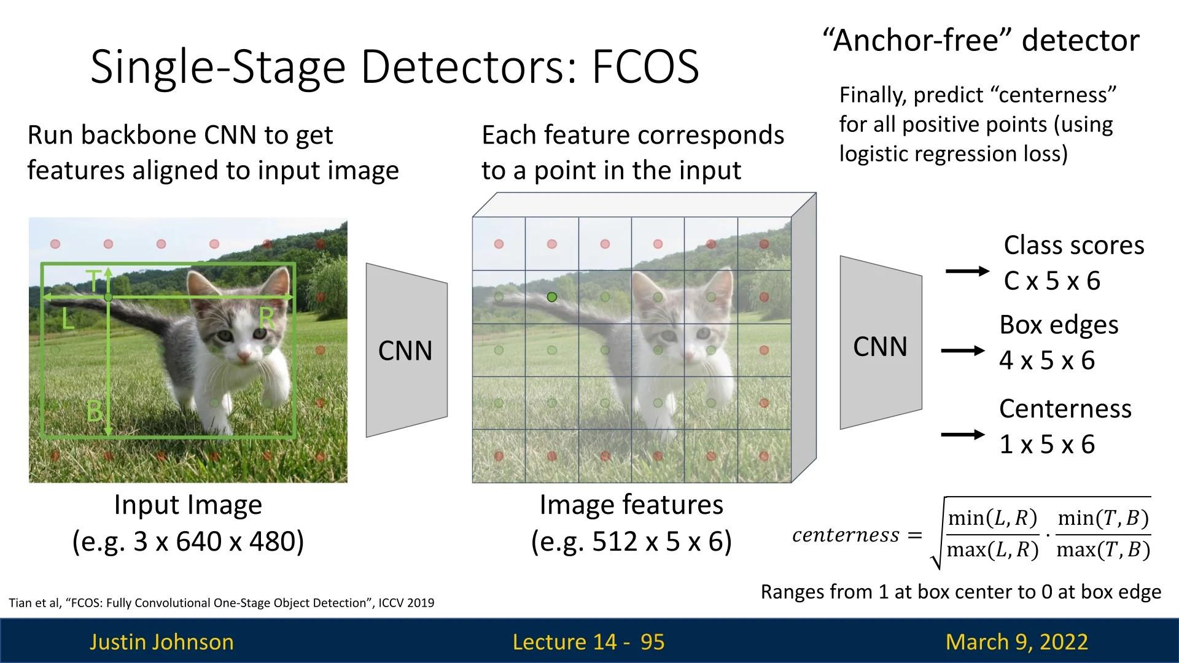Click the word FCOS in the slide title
(645, 66)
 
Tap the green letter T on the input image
(93, 281)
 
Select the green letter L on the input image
(68, 319)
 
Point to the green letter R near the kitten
(267, 318)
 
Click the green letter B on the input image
(94, 411)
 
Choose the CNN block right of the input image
(406, 351)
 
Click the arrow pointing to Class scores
(967, 271)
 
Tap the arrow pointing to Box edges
(962, 351)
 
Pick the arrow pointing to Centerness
(962, 435)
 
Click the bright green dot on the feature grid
(552, 297)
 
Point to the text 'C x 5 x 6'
(1052, 281)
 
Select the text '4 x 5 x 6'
(1047, 360)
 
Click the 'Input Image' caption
(188, 505)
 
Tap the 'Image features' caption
(631, 505)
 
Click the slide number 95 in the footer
(652, 642)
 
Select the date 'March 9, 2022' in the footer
(1017, 642)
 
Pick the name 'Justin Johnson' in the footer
(161, 642)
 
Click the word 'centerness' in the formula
(846, 535)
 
